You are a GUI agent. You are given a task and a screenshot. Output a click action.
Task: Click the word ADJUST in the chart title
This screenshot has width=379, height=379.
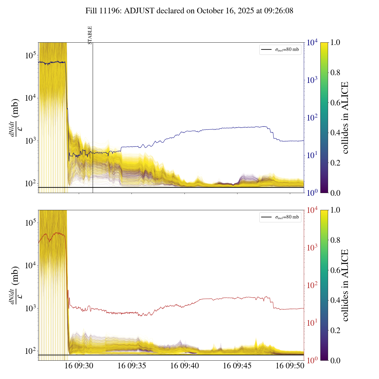coord(139,11)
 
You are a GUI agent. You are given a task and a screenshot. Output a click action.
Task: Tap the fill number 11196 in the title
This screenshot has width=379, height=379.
coord(111,11)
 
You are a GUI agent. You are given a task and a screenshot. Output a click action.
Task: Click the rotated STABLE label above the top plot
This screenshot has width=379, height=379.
coord(90,35)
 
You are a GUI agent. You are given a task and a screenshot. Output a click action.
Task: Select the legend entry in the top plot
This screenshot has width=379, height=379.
coord(280,49)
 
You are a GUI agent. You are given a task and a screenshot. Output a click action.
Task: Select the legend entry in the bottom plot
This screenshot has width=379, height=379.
coord(280,217)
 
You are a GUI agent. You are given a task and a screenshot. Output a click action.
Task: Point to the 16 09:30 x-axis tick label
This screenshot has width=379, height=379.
coord(79,366)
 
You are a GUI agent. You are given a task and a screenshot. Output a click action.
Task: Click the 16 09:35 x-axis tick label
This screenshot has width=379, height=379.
coord(132,366)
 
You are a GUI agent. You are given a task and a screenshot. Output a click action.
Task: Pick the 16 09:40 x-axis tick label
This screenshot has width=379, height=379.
coord(184,366)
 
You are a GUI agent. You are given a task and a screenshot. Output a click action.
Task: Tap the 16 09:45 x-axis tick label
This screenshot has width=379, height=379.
coord(237,366)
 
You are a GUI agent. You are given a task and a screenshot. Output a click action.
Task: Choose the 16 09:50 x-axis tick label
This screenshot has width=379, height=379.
coord(290,366)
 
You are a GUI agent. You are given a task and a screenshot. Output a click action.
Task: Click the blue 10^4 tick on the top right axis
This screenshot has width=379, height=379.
coord(312,43)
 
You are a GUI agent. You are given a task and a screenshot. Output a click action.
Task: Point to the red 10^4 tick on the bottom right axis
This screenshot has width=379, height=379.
coord(312,210)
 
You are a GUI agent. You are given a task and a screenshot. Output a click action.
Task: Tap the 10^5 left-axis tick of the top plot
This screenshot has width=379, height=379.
coord(30,55)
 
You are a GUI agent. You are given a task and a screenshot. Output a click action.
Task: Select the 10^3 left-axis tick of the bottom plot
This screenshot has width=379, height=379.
coord(30,309)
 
